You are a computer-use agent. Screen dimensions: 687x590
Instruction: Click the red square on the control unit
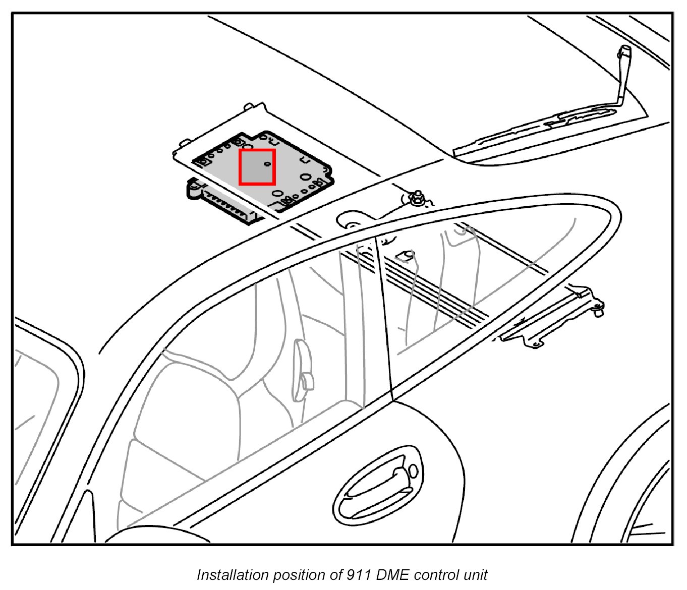click(x=257, y=167)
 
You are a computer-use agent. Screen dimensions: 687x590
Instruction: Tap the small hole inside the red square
click(x=268, y=164)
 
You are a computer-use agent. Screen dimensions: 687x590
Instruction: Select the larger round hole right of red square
click(x=306, y=177)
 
